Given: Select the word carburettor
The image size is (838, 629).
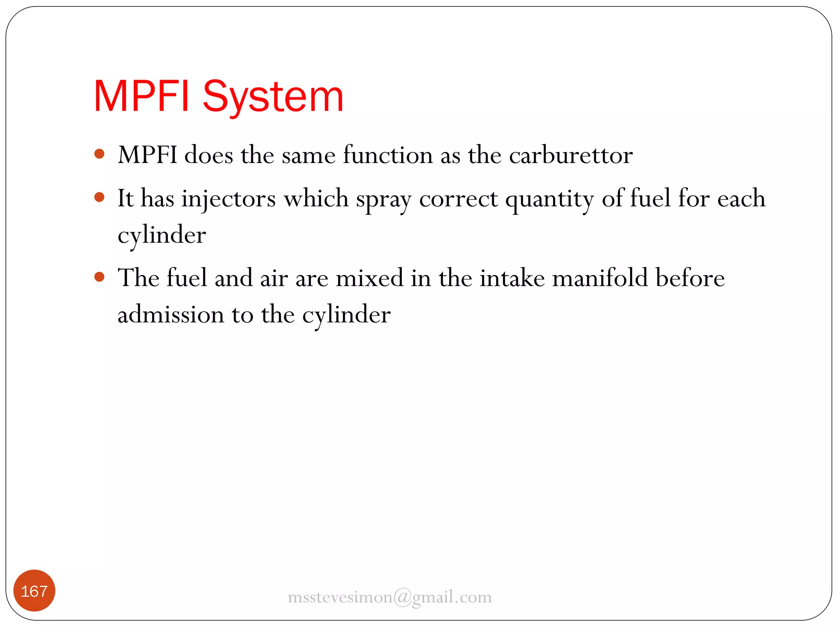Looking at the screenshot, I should [571, 156].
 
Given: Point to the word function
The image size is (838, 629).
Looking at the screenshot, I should [387, 156].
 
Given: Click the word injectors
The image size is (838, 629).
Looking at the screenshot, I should [228, 199].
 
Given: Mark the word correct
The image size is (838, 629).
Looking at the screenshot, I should [458, 199].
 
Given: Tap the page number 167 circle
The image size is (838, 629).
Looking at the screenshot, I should [34, 591].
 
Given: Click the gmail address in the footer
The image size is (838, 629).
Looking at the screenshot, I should [390, 597].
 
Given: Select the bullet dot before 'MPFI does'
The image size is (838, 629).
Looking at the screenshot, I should [99, 154].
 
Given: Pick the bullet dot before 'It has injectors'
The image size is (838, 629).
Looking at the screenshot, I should [99, 197].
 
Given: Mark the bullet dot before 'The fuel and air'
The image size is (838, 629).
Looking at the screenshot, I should [99, 277].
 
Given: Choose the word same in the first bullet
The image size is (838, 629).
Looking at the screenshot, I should [309, 156].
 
